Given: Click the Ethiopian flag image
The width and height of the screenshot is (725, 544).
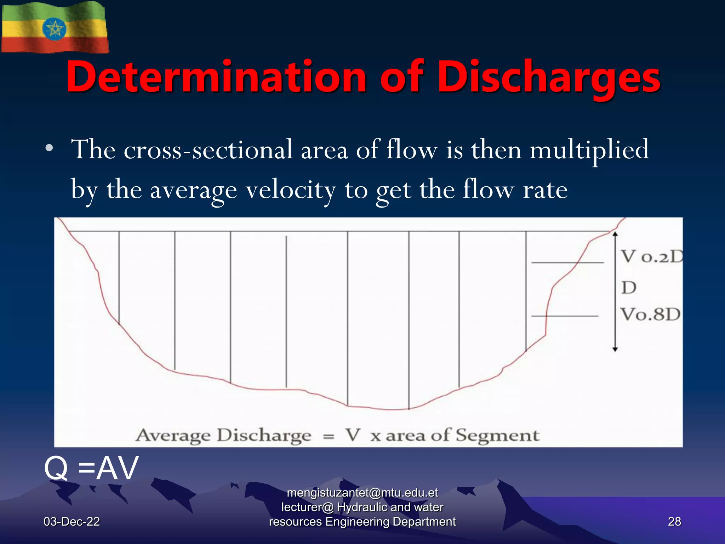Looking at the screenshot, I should coord(55,28).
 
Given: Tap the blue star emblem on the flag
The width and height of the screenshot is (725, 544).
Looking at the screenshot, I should coord(54,28).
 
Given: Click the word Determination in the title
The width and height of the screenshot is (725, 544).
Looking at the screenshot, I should coord(216,77).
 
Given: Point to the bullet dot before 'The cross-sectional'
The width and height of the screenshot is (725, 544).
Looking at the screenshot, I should coord(49,148).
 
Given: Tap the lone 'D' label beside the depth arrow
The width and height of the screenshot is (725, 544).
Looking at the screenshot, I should coord(629,288).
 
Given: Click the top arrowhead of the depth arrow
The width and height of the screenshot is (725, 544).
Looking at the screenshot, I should coord(615,234).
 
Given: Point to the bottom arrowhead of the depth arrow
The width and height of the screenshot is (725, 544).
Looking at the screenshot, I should coord(615,349).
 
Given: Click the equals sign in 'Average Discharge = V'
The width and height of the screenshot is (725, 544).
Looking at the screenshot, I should coord(329,436).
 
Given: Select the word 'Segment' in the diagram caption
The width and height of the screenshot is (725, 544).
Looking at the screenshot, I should coord(497,435).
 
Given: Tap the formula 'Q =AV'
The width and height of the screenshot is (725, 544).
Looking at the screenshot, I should coord(91,468).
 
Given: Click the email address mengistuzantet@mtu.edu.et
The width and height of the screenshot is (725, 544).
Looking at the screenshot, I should coord(362,493).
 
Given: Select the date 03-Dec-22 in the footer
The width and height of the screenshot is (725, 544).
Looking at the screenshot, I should coord(72,522).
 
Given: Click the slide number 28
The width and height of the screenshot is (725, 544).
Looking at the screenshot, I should coord(674,522).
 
